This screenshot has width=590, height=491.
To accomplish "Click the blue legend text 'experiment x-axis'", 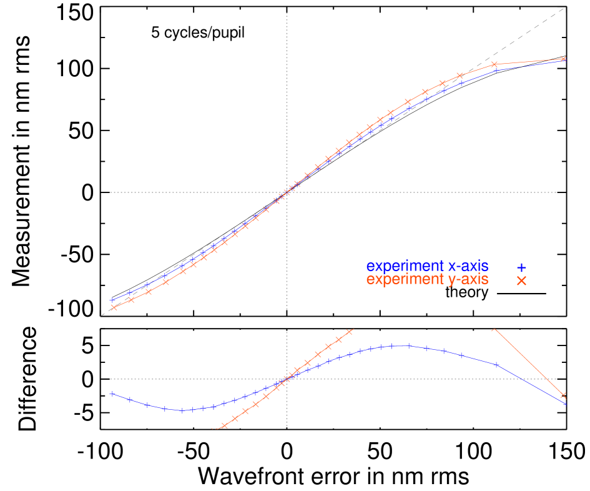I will pos(427,267).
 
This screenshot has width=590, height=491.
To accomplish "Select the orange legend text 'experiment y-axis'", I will pos(427,280).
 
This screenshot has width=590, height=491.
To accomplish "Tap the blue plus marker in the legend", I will pos(521,267).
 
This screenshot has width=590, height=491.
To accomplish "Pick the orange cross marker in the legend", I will pos(521,281).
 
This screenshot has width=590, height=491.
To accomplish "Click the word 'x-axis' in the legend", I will pos(468,267).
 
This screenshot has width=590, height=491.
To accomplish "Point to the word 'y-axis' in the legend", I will pos(468,280).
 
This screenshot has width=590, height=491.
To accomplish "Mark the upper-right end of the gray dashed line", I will pos(564,8).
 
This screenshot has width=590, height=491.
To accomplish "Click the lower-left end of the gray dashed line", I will pos(102,315).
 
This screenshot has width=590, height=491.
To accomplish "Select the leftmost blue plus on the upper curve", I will pos(113,300).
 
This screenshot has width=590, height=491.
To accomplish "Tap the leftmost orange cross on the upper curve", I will pos(113,307).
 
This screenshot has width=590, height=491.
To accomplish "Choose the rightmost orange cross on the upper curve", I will pos(563,59).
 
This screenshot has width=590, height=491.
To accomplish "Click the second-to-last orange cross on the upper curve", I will pos(494,64).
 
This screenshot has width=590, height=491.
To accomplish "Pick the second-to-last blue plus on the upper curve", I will pos(497,71).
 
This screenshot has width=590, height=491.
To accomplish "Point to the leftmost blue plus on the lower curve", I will pos(112,394).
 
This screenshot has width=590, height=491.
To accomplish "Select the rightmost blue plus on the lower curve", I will pos(565,404).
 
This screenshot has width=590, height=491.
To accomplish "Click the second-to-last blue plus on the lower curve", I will pos(496,364).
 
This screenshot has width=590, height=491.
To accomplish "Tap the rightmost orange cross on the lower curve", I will pos(563,395).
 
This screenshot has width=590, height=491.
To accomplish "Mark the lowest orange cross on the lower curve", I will pos(224,425).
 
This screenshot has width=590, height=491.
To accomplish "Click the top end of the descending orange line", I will pos(494,329).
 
